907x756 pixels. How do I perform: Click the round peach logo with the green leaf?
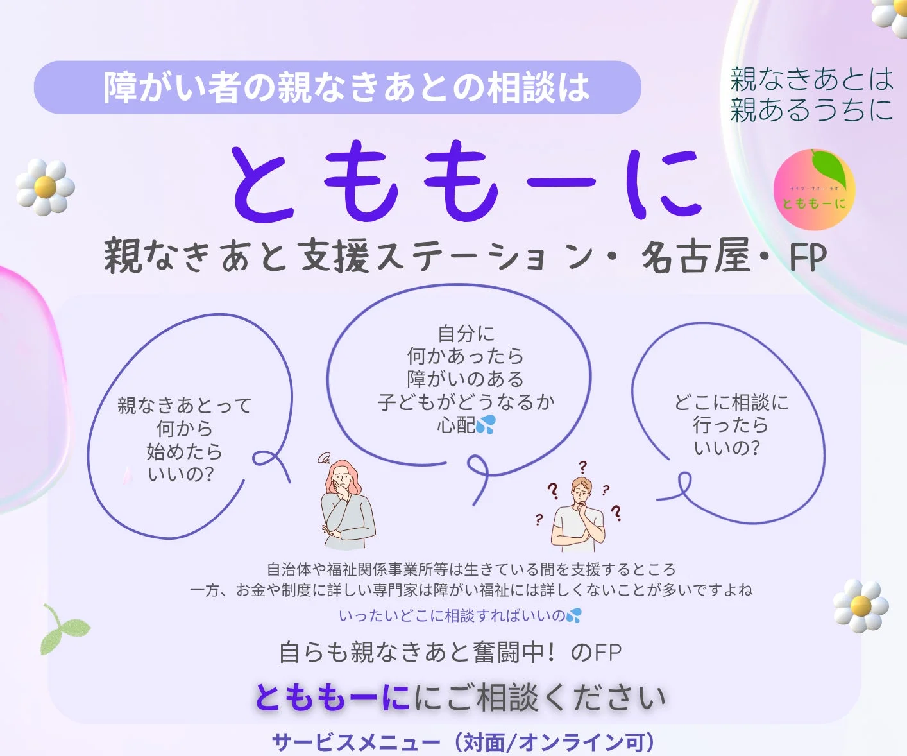(x=814, y=191)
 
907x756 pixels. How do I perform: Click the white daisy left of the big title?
(x=45, y=187)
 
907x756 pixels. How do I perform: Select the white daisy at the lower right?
(x=861, y=606)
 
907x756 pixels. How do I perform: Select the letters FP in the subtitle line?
(x=808, y=257)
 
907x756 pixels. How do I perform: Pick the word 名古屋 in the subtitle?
(x=695, y=257)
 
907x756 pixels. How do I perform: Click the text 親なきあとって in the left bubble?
(x=185, y=406)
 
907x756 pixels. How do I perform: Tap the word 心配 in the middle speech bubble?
(x=455, y=425)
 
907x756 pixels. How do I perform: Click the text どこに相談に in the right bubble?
(x=731, y=402)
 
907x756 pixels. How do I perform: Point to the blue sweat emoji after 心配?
(x=486, y=425)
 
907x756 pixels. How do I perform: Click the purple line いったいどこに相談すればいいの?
(x=452, y=616)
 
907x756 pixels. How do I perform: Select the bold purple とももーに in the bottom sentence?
(x=332, y=698)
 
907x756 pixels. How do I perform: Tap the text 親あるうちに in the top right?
(x=811, y=110)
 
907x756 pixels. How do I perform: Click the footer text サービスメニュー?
(x=356, y=743)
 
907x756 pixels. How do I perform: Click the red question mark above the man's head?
(x=582, y=467)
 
